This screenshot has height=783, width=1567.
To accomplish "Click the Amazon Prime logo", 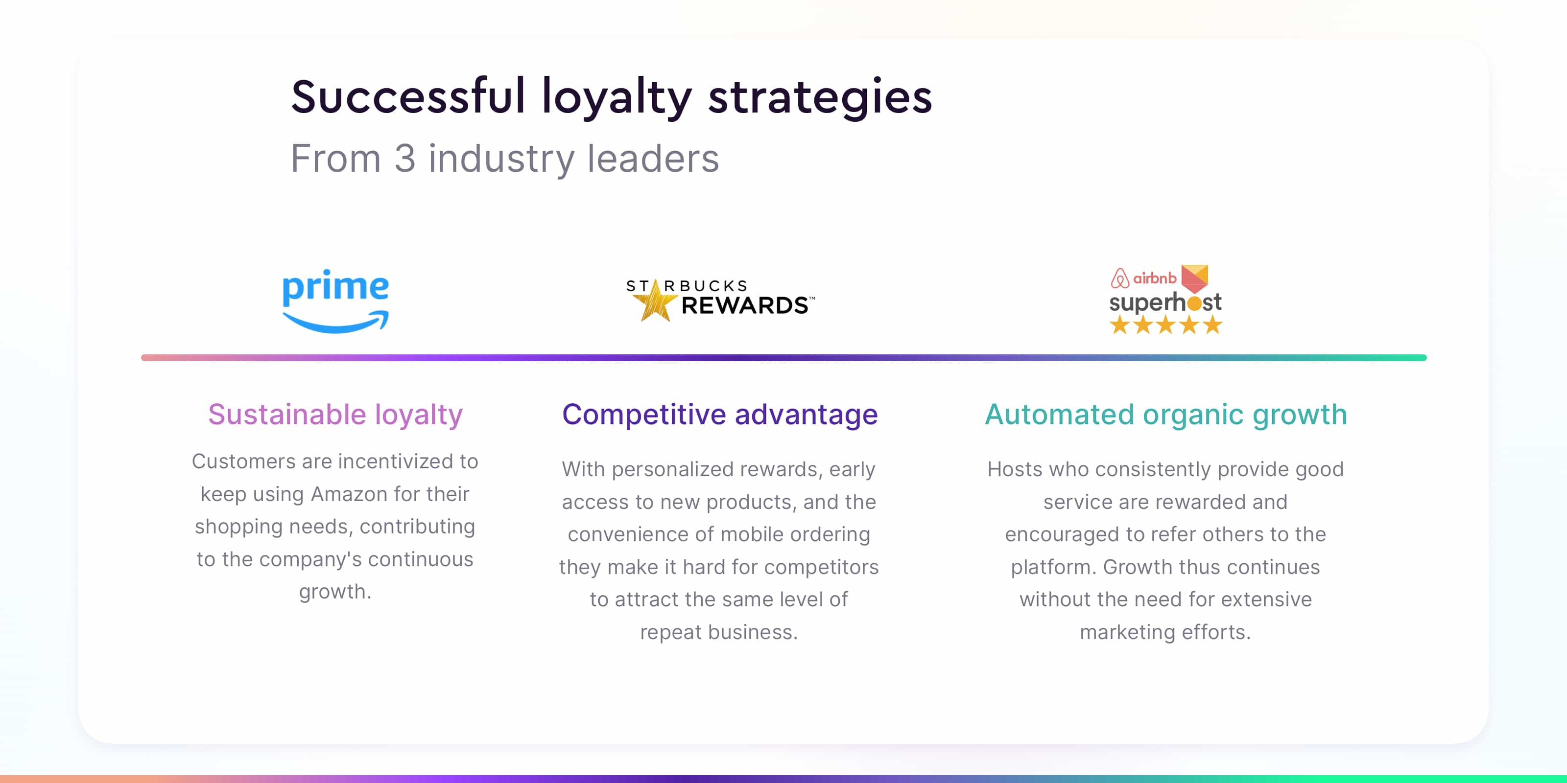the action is click(335, 300).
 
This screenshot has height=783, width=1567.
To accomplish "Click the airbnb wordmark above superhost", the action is click(1154, 278).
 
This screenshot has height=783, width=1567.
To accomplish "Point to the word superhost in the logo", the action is click(1165, 302).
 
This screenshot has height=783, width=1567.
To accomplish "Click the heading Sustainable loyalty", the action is click(335, 415).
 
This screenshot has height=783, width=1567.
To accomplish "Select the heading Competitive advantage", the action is click(720, 415).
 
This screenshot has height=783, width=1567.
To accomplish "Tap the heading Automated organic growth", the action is click(1165, 415).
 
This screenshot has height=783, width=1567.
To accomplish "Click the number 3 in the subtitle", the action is click(404, 159).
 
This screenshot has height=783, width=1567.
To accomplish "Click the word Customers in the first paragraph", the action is click(244, 461).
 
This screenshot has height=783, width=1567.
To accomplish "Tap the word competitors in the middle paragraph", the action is click(821, 567).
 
